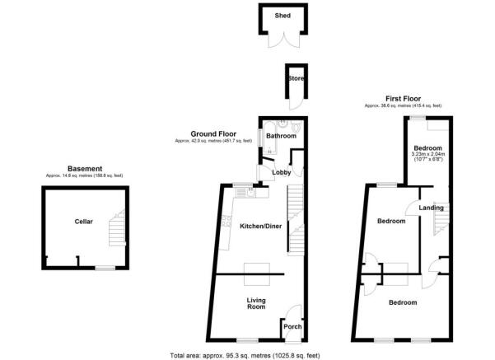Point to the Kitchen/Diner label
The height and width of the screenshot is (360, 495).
260,225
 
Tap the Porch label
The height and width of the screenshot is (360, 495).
292,326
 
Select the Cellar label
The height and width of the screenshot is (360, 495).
83,222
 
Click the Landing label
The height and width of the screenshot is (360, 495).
432,208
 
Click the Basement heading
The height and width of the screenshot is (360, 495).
86,168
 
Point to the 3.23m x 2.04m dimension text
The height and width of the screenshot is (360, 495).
428,153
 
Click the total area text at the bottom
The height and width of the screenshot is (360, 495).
245,355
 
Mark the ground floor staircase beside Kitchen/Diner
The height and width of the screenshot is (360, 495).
295,218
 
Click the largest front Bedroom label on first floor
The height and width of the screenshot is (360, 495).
403,302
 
